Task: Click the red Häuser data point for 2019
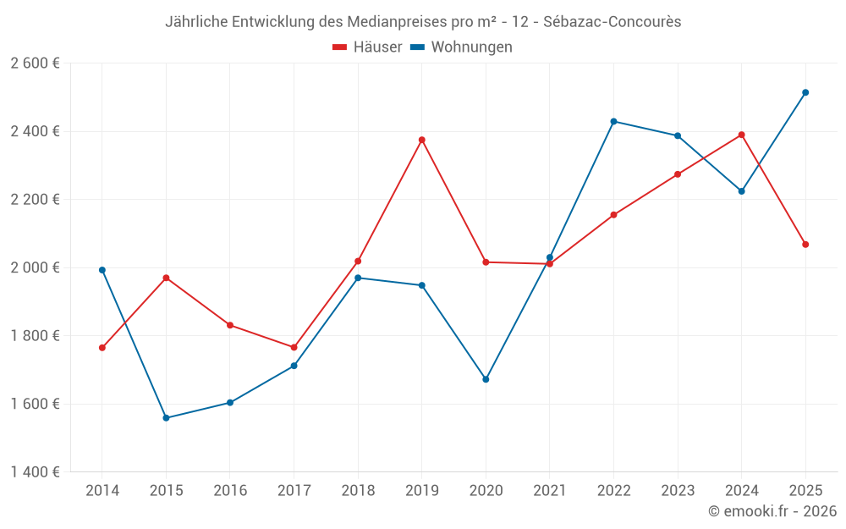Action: tap(422, 140)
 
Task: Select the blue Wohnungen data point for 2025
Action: tap(805, 92)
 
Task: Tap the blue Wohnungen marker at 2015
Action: tap(166, 418)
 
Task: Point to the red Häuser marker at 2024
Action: tap(742, 135)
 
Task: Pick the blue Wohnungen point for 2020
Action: tap(486, 379)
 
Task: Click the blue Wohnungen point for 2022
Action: tap(613, 121)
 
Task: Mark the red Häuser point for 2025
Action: tap(805, 245)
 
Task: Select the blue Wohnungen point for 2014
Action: tap(102, 270)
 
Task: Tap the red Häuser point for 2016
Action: tap(230, 325)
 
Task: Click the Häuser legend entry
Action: tap(367, 47)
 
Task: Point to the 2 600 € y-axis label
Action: tap(35, 63)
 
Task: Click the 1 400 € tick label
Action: tap(35, 472)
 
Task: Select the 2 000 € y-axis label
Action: tap(35, 267)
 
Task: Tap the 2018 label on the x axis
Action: tap(358, 491)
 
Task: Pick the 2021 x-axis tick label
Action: tap(550, 491)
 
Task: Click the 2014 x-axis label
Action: tap(102, 491)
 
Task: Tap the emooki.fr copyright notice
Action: tap(772, 511)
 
